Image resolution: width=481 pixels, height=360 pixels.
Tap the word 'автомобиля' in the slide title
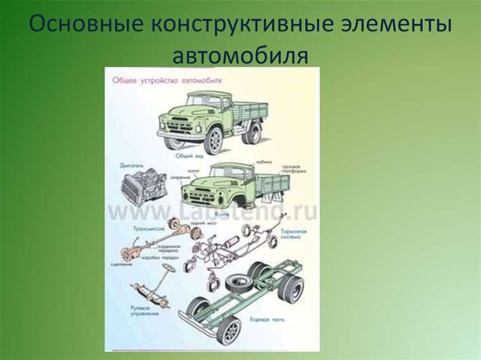point(240,55)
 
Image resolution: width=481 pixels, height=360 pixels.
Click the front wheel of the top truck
point(212,139)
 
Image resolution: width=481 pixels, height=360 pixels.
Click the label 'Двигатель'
point(131,164)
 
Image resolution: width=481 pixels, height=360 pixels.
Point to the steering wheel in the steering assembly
point(169,268)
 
